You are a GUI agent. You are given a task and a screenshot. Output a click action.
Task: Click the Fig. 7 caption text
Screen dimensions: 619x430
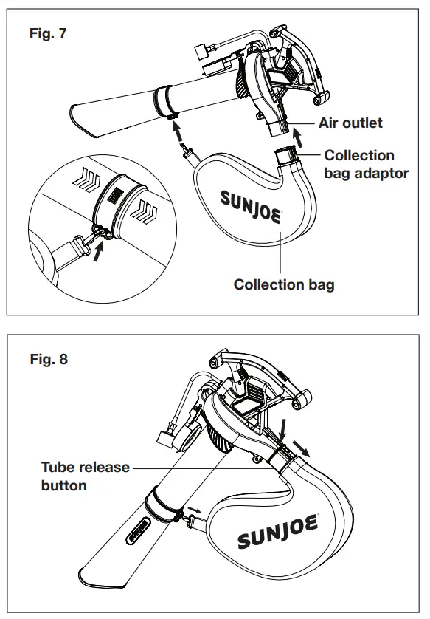(x=49, y=34)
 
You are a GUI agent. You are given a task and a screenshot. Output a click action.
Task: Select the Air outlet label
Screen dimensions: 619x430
(x=350, y=123)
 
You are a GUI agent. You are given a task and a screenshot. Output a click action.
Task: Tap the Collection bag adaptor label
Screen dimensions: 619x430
(x=366, y=164)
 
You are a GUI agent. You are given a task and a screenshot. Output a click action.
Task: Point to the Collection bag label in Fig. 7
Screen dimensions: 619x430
(x=283, y=284)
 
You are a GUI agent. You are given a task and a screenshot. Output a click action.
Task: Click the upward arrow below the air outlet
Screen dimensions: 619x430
(x=298, y=137)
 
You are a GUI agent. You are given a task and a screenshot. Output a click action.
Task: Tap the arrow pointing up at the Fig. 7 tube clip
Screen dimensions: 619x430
(x=176, y=131)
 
